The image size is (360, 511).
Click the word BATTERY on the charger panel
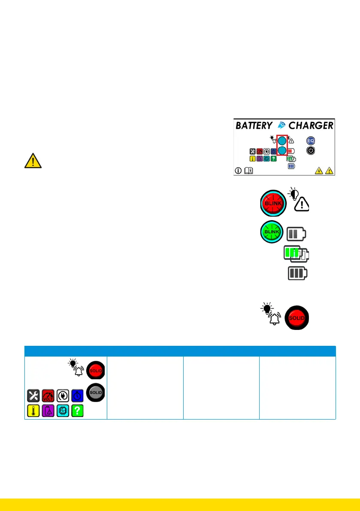tap(254, 126)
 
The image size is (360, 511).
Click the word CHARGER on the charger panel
tap(311, 126)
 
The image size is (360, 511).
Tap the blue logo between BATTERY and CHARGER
tap(281, 126)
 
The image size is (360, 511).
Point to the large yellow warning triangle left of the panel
tap(33, 160)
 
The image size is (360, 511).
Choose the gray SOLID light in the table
tap(95, 392)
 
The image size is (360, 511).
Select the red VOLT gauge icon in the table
tap(48, 396)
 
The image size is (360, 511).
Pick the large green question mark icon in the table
tap(78, 411)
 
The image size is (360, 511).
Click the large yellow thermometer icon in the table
tap(33, 411)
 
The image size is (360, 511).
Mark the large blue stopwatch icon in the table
tap(78, 396)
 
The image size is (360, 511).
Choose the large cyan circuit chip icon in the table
tap(63, 411)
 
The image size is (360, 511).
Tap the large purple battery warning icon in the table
tap(48, 411)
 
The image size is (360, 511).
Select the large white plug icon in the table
tap(63, 396)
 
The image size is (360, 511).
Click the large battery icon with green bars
tap(295, 254)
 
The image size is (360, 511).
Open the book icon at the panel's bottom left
tap(248, 171)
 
